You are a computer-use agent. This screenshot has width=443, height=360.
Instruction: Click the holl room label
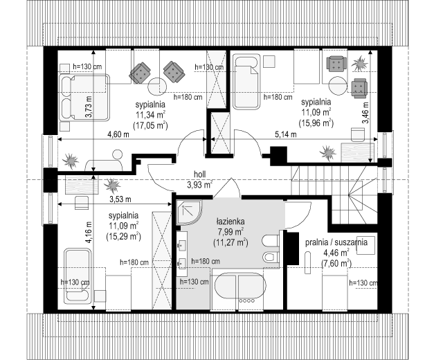pos(199,174)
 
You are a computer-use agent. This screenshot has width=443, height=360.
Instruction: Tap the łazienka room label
pos(230,221)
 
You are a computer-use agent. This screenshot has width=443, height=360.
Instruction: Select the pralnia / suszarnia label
pos(336,242)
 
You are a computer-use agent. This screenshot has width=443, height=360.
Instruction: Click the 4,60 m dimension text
pos(118,134)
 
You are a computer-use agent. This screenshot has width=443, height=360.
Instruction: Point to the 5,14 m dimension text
pos(286,134)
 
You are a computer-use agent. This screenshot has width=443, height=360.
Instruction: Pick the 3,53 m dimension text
pos(120,199)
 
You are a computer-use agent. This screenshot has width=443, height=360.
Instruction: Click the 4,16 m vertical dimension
pos(89,233)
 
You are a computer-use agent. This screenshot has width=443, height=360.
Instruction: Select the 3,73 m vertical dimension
pos(89,107)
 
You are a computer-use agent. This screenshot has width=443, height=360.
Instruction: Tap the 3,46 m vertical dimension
pos(366,112)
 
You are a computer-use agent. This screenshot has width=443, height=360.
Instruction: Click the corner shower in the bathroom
pos(188,213)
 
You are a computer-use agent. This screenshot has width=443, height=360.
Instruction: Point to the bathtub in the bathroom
pos(240,288)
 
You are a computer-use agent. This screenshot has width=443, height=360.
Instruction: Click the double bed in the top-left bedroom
pos(84,98)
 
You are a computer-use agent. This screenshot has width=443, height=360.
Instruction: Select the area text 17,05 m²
pos(150,125)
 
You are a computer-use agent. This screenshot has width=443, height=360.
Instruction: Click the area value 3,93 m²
pos(199,185)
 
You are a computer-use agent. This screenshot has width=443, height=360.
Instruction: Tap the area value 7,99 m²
pos(230,232)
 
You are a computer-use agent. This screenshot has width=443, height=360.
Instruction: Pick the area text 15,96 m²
pos(316,123)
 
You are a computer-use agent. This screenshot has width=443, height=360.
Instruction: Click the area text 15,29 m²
pos(123,236)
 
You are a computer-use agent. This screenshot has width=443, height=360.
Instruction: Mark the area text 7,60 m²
pos(336,263)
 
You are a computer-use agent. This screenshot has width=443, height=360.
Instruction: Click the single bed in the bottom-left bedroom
pos(78,276)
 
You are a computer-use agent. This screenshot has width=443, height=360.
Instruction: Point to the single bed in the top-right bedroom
pos(246,81)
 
